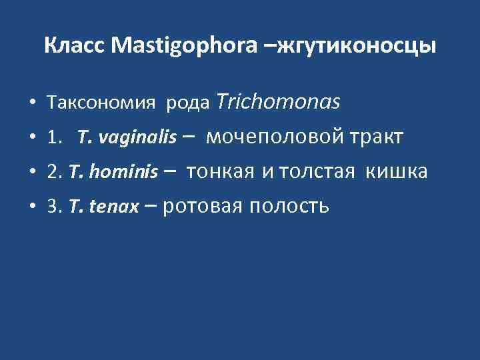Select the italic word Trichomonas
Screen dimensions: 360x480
(x=279, y=102)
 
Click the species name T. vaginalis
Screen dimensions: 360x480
(x=127, y=138)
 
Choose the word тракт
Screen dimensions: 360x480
(x=378, y=138)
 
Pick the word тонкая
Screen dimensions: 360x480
(x=221, y=173)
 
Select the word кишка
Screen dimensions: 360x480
(x=399, y=173)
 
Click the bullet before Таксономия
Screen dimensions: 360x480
(x=32, y=105)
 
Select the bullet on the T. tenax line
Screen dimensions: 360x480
(x=32, y=208)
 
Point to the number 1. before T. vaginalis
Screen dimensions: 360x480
(x=55, y=138)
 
